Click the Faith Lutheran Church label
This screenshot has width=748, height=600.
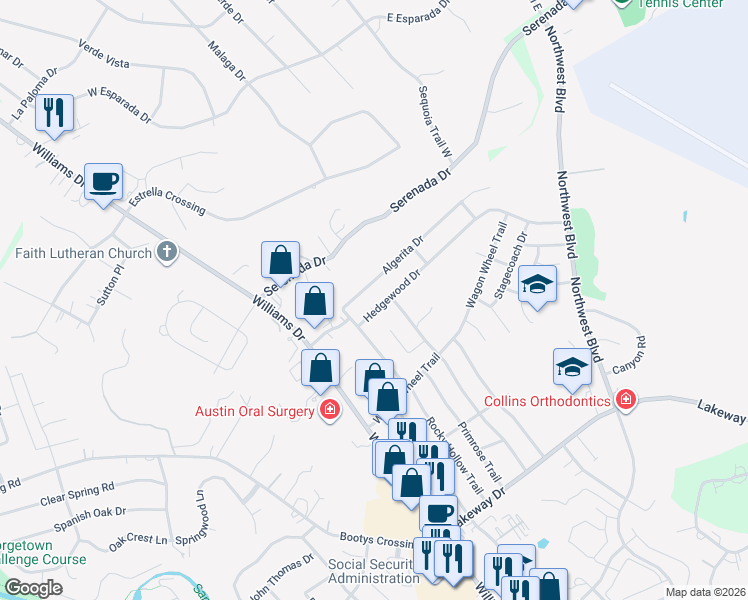tap(84, 253)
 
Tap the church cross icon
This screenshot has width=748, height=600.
tap(167, 253)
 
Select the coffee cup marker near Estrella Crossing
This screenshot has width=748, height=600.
tap(103, 183)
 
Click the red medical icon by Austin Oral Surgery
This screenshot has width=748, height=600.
tap(329, 409)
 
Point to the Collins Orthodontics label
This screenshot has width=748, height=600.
tap(546, 401)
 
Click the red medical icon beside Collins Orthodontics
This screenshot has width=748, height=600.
tap(625, 401)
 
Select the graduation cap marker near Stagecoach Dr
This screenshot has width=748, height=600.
tap(537, 286)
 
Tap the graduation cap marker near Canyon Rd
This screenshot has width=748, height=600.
tap(573, 367)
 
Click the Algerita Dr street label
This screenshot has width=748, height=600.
tap(404, 254)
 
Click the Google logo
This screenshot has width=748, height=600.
tap(33, 588)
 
